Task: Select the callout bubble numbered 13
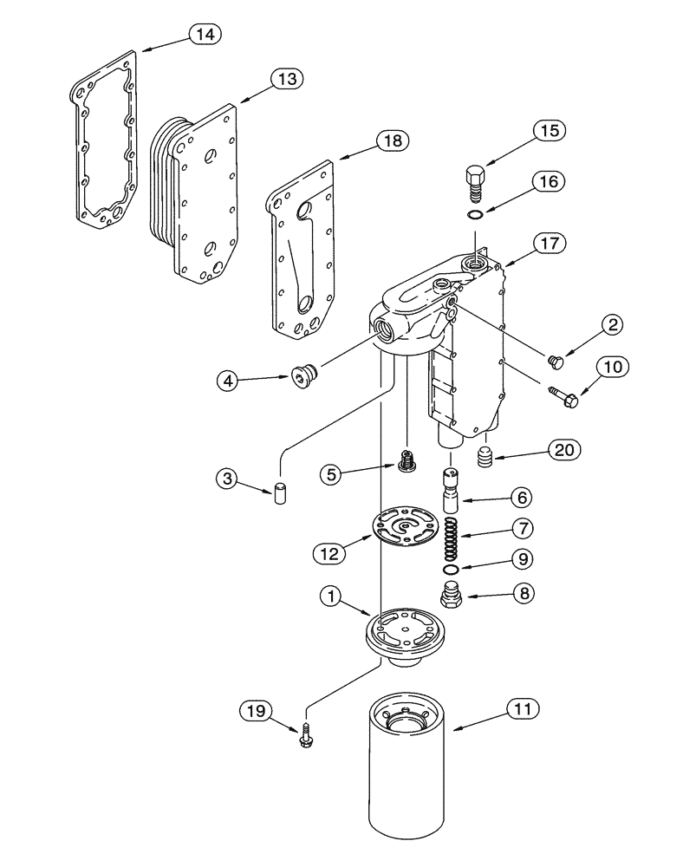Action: [286, 79]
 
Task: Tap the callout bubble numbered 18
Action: [390, 140]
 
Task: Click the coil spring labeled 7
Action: [452, 538]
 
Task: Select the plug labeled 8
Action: [452, 596]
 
